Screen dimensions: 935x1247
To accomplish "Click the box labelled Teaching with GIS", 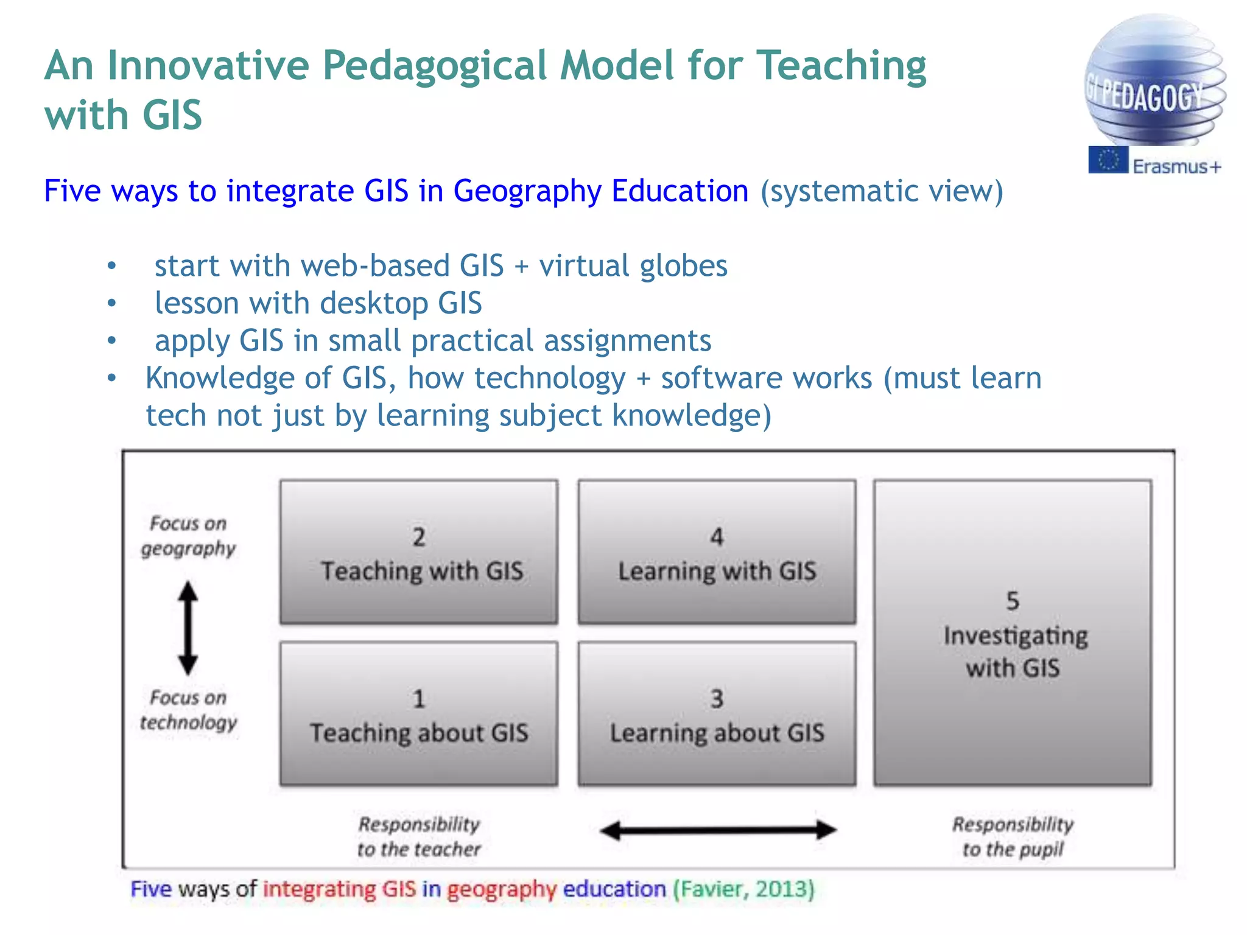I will [419, 552].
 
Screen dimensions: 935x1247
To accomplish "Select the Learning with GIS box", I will [717, 552].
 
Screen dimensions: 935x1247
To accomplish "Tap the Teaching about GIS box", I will [419, 713].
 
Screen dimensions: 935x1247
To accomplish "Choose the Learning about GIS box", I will [717, 713].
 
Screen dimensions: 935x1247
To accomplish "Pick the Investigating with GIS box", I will [1013, 633].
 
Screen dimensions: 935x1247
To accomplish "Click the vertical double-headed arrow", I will [188, 628].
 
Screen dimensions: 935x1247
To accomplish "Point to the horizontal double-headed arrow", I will [718, 830].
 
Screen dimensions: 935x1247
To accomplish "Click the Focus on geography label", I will [188, 536].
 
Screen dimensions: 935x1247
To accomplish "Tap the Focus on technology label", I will [188, 710].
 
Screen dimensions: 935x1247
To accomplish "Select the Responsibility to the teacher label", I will [419, 836].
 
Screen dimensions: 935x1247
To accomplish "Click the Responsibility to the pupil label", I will [1013, 836].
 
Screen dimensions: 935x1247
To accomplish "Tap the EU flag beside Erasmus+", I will [1108, 160].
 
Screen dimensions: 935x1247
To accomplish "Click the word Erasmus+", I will [1176, 166].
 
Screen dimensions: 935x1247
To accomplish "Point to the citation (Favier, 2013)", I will [743, 889].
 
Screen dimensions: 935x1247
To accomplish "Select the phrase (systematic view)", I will [882, 191].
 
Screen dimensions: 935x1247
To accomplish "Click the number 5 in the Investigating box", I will [1013, 601].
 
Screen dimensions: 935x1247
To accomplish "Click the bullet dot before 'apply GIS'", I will [111, 340].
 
